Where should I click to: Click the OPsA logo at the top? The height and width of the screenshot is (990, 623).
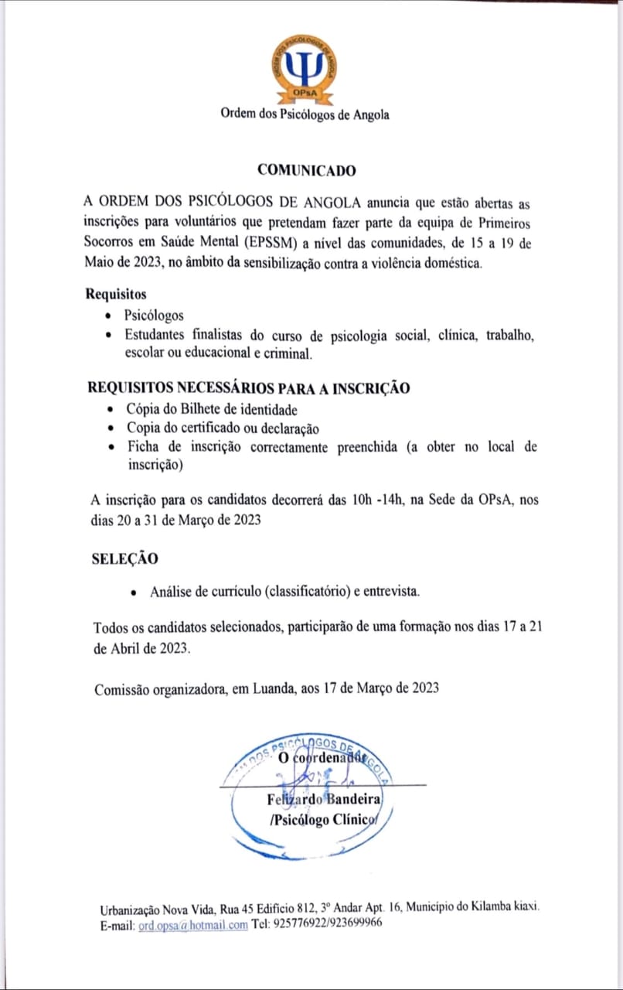point(307,70)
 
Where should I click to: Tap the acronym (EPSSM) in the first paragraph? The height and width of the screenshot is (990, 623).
point(273,243)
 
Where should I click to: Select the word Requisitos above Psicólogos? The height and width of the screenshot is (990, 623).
point(116,295)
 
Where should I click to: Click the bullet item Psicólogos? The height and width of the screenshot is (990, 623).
point(154,316)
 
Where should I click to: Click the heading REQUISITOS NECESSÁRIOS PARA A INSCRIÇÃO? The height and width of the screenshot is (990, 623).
point(248,388)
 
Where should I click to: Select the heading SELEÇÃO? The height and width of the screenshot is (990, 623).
point(124,559)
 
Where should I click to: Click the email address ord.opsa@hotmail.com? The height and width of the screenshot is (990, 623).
point(193,924)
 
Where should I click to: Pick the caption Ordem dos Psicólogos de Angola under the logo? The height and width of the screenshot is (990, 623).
point(305,115)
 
